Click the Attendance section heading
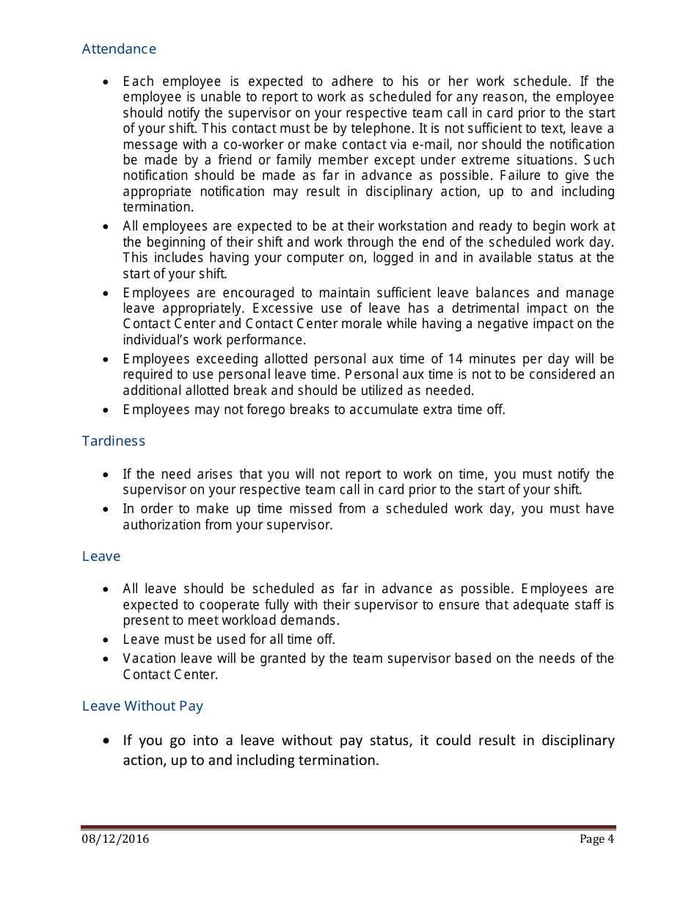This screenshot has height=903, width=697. [119, 49]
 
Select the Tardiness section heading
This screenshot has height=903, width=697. [114, 441]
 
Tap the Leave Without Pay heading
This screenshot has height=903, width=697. [142, 706]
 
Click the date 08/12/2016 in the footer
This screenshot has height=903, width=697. [114, 839]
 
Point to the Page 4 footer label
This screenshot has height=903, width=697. [596, 839]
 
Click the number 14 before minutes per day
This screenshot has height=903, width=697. [456, 359]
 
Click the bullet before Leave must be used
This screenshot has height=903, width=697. [107, 640]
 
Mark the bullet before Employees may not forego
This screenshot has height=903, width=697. [107, 410]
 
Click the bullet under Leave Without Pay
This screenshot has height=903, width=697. [108, 741]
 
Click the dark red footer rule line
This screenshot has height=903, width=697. [348, 827]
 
